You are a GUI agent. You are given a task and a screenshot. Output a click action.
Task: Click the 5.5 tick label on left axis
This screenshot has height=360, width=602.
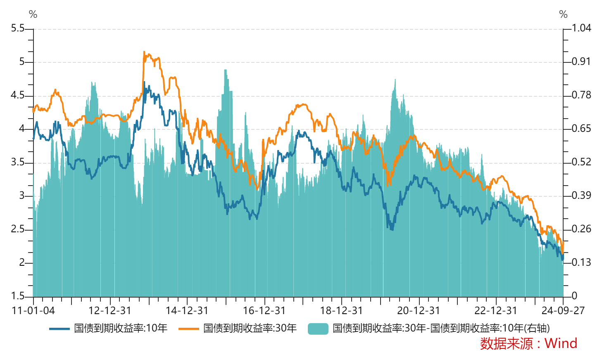click(18, 28)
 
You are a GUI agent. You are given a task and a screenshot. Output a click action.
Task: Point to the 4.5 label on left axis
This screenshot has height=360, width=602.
click(18, 95)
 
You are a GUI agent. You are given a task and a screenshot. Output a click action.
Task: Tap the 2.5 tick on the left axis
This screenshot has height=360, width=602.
click(18, 229)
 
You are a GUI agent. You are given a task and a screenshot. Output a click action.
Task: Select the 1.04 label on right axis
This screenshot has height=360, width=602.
click(581, 28)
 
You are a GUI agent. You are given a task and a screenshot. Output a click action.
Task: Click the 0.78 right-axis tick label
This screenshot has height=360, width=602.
click(581, 95)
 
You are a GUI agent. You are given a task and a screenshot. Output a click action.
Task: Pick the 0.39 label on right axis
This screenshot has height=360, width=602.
click(581, 195)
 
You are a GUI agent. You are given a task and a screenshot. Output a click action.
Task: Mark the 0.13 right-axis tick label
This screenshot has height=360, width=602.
click(581, 262)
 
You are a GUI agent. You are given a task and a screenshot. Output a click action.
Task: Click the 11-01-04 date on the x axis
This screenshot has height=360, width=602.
click(33, 311)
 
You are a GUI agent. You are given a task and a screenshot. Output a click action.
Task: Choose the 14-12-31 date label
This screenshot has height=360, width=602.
click(187, 311)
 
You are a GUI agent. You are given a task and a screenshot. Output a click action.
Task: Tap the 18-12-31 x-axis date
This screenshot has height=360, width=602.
click(341, 311)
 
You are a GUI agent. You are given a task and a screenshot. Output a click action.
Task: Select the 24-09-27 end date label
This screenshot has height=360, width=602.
click(563, 311)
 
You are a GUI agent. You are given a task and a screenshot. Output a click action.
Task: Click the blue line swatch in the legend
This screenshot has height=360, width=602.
click(59, 329)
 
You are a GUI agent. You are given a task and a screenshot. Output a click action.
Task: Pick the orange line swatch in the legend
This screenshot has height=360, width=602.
click(188, 329)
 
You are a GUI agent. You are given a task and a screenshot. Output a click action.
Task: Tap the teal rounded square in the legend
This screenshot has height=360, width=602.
click(318, 329)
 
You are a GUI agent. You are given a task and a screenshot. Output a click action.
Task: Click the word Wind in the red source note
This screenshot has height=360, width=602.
click(561, 343)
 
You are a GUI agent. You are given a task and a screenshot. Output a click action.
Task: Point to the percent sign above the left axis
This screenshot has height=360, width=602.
click(33, 14)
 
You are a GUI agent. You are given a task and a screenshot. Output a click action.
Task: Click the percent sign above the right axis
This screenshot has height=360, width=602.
click(563, 14)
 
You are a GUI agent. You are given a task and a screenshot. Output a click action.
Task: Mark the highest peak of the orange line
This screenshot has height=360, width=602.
click(144, 52)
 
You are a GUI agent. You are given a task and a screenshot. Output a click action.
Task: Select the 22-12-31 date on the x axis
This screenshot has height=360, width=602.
click(495, 311)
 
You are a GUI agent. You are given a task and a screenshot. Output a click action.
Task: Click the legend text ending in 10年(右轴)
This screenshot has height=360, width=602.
click(441, 328)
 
